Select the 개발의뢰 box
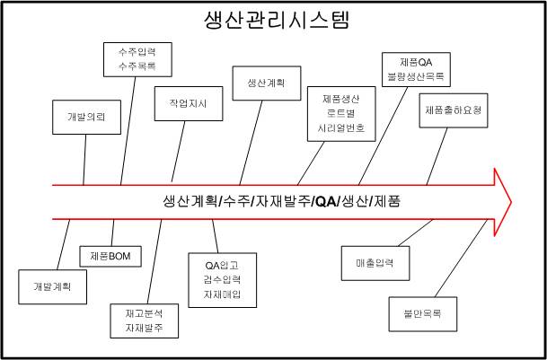click(x=87, y=116)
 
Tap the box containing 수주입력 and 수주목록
click(x=136, y=57)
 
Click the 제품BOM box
click(x=110, y=257)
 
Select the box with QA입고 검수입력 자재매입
click(x=224, y=279)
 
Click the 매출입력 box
click(x=375, y=263)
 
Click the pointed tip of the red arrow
click(x=509, y=200)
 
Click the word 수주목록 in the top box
click(x=136, y=65)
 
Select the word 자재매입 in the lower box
click(x=224, y=294)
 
